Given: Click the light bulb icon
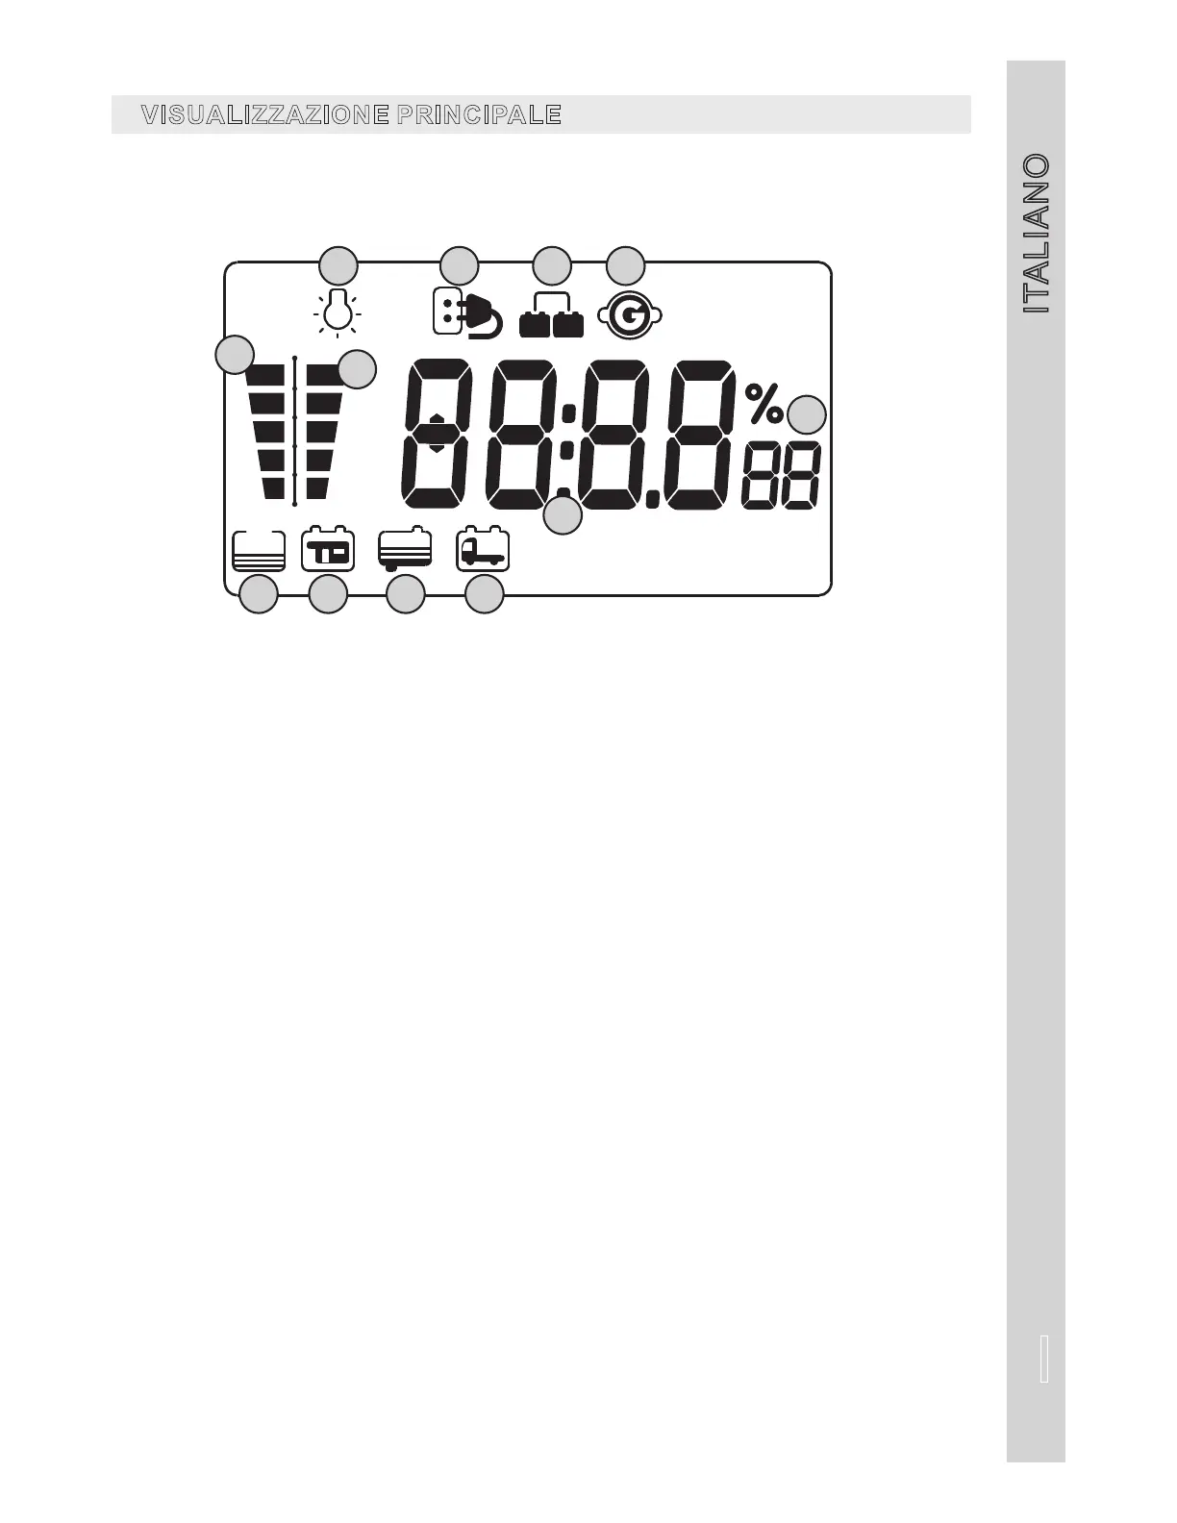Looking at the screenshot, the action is (x=337, y=312).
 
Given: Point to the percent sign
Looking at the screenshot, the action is (x=764, y=403).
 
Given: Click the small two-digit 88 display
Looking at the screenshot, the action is (x=781, y=475).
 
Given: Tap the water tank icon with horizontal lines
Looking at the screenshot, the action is (x=259, y=551).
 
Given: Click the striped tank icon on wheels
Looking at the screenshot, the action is (x=405, y=550).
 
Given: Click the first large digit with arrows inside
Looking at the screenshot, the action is (x=438, y=434).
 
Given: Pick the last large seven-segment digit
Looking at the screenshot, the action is (x=698, y=434).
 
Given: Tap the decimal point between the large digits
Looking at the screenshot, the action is (x=652, y=498).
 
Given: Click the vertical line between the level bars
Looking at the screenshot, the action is (x=295, y=430).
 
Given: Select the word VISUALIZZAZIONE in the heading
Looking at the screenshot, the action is (x=264, y=115).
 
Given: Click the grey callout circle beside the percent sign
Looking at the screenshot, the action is (x=807, y=415).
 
